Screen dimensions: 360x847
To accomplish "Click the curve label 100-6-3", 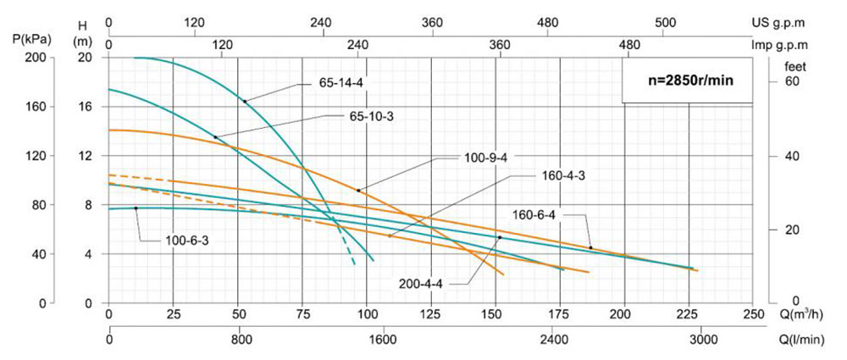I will pyautogui.click(x=186, y=241).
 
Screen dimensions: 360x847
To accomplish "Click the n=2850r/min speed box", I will pyautogui.click(x=687, y=80).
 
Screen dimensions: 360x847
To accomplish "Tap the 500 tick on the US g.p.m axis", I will pyautogui.click(x=666, y=22).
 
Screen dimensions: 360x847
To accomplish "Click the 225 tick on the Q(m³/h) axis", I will pyautogui.click(x=688, y=315).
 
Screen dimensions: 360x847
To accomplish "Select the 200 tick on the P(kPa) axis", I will pyautogui.click(x=36, y=58).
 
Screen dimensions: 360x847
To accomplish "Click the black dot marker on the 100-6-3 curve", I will pyautogui.click(x=136, y=208).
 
